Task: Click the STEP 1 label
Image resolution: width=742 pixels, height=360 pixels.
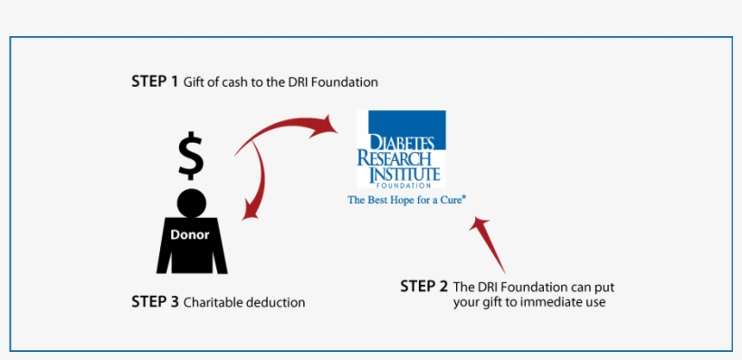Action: [x=155, y=81]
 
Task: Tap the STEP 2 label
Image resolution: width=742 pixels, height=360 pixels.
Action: [x=423, y=287]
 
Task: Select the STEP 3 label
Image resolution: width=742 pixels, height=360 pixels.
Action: [x=155, y=302]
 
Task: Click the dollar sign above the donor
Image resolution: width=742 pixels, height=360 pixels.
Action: [x=190, y=156]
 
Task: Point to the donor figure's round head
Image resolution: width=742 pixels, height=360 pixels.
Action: [x=190, y=201]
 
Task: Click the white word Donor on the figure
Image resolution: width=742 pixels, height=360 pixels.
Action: [x=190, y=234]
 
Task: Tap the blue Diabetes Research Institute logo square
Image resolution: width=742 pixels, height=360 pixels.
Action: [x=401, y=148]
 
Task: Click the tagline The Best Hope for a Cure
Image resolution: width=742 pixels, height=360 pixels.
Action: [x=406, y=200]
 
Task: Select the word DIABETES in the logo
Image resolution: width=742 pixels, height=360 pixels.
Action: [x=402, y=143]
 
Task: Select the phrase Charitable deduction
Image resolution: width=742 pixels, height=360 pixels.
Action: [x=244, y=303]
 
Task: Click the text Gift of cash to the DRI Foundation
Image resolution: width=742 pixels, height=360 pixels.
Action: [x=281, y=82]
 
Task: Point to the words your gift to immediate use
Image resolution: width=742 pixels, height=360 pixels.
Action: [x=529, y=302]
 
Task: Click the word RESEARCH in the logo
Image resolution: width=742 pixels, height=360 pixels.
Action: [x=397, y=158]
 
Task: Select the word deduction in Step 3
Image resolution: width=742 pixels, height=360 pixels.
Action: [x=275, y=303]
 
